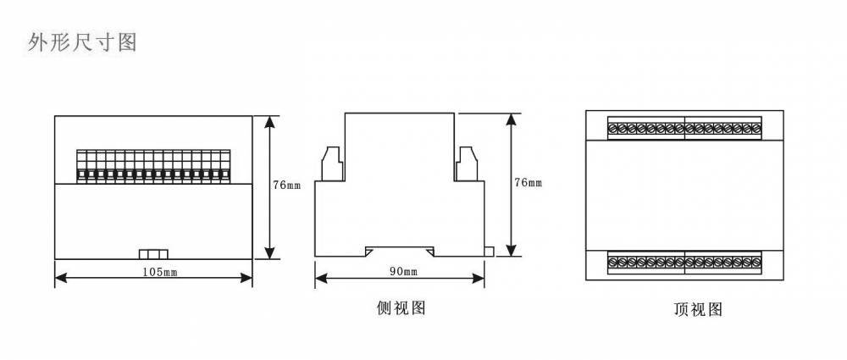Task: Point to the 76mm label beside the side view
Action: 528,183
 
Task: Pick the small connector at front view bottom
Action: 153,253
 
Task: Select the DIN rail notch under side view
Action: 400,252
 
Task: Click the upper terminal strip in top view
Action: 684,129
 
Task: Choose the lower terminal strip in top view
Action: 684,263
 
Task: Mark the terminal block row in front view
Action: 153,165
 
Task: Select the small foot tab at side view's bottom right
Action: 490,250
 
